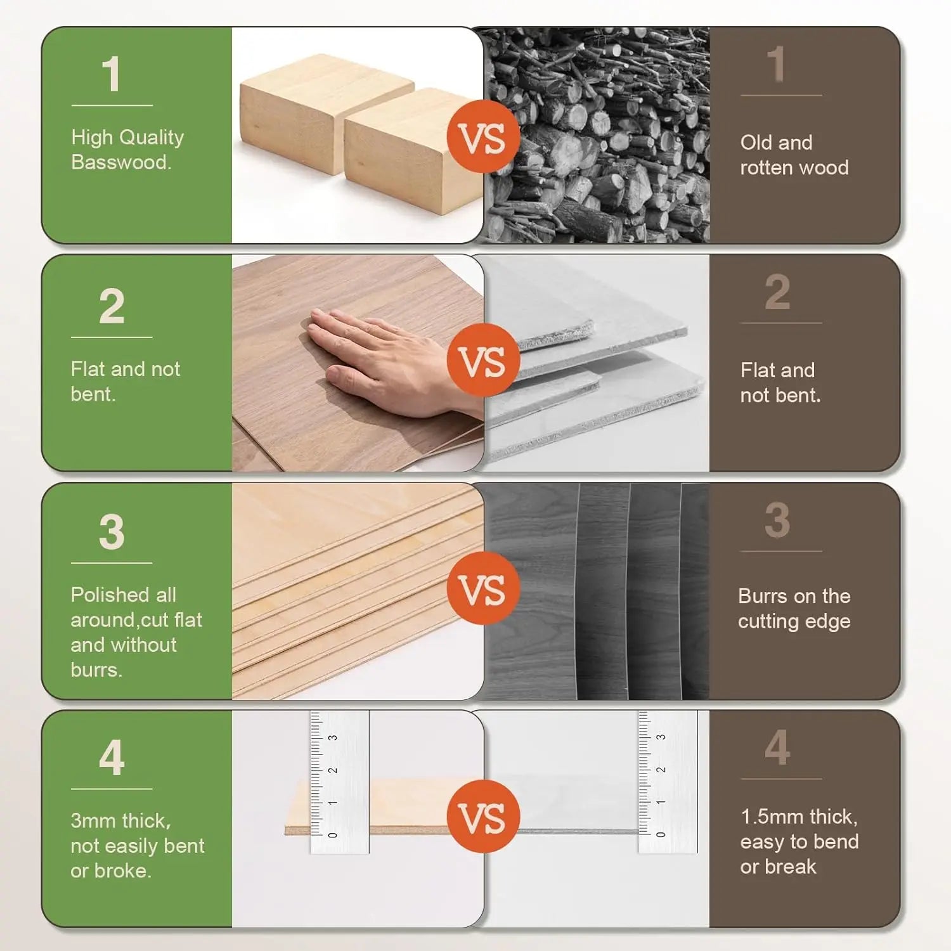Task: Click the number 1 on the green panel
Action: [112, 74]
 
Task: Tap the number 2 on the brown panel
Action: [777, 292]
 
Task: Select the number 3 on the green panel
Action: [112, 532]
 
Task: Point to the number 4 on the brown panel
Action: [777, 748]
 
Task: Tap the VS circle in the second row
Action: [483, 360]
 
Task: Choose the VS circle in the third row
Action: [483, 588]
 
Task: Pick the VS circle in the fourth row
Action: [483, 817]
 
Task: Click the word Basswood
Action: [120, 162]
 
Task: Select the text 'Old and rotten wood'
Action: [794, 155]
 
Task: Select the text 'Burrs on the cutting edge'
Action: [794, 609]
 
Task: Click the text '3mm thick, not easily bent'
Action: [137, 834]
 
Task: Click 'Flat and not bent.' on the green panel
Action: [125, 382]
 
